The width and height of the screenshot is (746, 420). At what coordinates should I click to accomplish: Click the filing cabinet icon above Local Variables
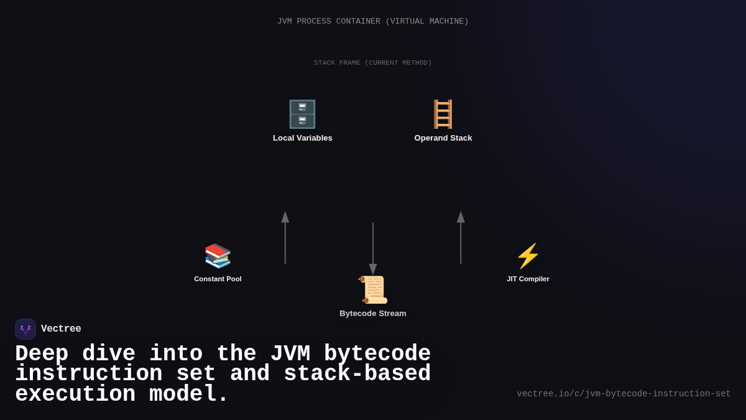click(303, 114)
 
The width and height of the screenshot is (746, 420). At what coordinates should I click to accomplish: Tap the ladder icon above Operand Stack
click(443, 114)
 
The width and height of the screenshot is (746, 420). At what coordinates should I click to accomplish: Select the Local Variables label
click(303, 138)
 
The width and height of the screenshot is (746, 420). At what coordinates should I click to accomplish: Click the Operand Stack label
click(443, 138)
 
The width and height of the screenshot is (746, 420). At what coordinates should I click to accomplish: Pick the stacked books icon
click(218, 256)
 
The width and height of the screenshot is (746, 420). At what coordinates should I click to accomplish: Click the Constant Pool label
click(218, 279)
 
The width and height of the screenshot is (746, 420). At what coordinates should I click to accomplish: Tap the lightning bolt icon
click(528, 256)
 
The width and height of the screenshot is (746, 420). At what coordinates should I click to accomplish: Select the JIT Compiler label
click(528, 279)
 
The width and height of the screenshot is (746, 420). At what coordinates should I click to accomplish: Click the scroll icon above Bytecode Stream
click(373, 290)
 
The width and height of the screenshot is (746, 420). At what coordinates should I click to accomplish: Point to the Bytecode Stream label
click(373, 314)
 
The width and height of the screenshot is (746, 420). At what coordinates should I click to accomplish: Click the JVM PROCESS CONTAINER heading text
click(373, 21)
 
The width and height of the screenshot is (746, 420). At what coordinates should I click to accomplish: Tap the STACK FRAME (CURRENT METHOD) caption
click(373, 63)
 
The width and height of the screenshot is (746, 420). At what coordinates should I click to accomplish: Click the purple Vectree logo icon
click(25, 329)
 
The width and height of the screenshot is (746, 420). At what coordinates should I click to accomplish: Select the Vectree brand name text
click(61, 329)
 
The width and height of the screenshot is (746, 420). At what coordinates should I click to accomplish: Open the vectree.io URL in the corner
click(624, 394)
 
